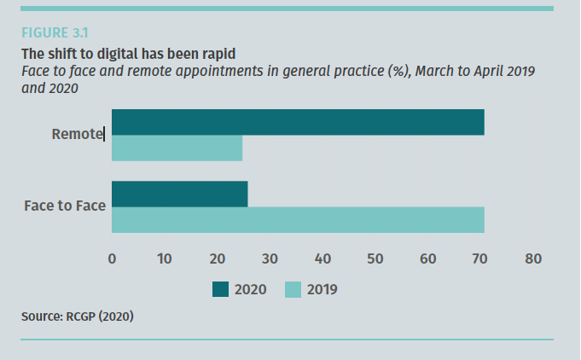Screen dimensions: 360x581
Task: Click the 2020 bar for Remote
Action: click(298, 122)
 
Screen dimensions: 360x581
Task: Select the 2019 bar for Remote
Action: click(177, 148)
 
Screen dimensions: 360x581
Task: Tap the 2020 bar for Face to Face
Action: click(179, 194)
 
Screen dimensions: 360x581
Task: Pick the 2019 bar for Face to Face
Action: click(298, 219)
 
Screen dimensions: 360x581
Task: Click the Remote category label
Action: click(77, 134)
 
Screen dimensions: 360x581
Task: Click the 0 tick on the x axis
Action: click(112, 258)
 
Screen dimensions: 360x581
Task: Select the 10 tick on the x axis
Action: click(164, 258)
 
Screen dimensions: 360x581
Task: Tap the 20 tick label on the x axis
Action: click(217, 258)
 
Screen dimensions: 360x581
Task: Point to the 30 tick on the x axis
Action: click(270, 258)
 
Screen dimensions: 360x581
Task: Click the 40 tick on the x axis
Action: click(322, 258)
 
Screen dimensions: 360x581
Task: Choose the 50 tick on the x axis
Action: click(375, 258)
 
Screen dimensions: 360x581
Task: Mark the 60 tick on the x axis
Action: click(428, 258)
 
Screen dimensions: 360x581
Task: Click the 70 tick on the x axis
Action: click(481, 258)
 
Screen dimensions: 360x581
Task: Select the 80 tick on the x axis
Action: click(534, 258)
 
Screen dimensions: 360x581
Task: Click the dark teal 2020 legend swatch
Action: click(220, 290)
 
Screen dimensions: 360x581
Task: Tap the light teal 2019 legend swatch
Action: click(292, 290)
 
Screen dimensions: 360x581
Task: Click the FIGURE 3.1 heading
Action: click(55, 33)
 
